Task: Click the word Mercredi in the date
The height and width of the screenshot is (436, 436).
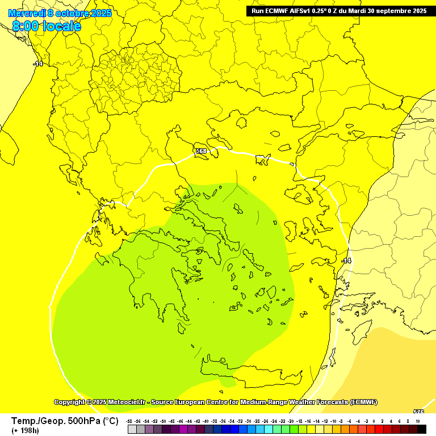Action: [27, 13]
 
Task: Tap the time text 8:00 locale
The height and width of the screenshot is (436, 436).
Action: [46, 26]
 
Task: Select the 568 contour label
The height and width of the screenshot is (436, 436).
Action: [201, 152]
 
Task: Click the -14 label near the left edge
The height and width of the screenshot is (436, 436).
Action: [37, 64]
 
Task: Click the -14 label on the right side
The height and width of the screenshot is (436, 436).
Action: [346, 261]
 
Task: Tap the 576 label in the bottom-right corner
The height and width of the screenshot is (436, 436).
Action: [418, 412]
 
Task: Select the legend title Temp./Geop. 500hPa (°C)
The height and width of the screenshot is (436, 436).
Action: [64, 421]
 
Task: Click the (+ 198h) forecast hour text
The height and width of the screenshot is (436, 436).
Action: [26, 431]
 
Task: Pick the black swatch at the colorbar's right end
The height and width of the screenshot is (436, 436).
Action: [421, 430]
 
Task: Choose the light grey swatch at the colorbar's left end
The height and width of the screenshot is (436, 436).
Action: [132, 430]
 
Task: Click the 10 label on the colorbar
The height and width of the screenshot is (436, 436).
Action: [418, 421]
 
